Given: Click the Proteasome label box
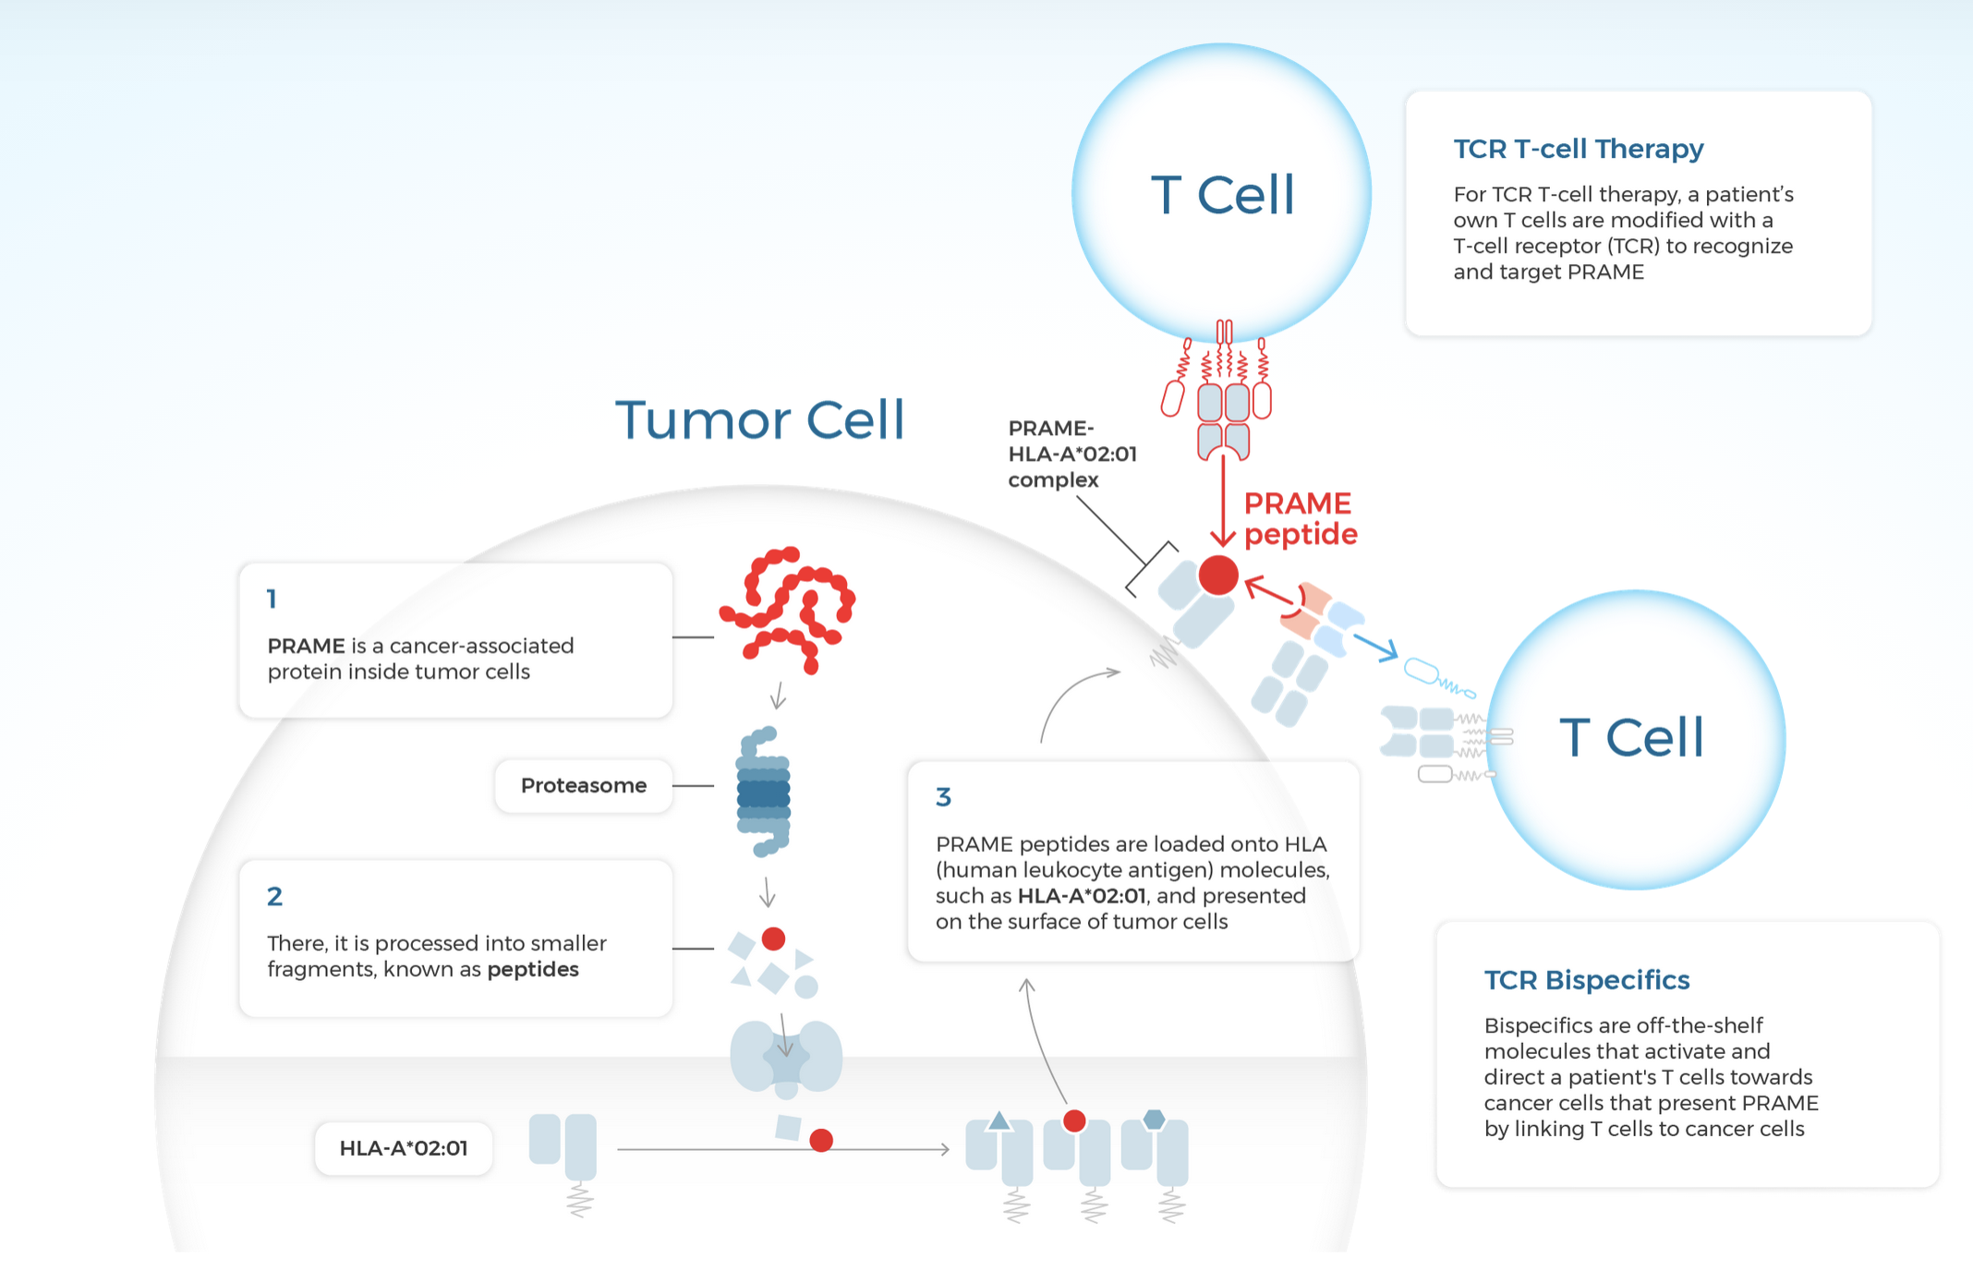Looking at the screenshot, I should (x=584, y=786).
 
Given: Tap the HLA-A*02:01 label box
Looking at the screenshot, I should (x=404, y=1148).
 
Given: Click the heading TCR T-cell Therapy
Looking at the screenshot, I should (x=1578, y=149).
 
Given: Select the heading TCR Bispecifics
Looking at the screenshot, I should (x=1586, y=980).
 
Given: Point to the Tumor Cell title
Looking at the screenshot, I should (x=759, y=420).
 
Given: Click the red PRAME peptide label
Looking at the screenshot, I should (x=1300, y=519).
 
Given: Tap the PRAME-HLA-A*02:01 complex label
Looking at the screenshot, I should (x=1071, y=454).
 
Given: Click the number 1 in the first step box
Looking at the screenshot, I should (x=272, y=600).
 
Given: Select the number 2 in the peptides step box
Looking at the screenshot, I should (x=274, y=897).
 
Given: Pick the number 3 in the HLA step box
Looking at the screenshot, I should (x=943, y=797).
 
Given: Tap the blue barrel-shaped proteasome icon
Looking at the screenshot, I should (x=764, y=792).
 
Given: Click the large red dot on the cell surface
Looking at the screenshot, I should (x=1218, y=575).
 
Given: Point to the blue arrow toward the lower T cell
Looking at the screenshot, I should (x=1375, y=647).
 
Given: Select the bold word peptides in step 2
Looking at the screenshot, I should (x=533, y=970).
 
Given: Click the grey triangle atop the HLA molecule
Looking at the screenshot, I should (x=999, y=1121).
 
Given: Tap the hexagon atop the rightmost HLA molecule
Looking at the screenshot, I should (x=1154, y=1120).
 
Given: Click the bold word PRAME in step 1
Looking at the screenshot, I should (x=306, y=647).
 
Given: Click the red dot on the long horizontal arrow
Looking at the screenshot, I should (x=821, y=1141).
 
